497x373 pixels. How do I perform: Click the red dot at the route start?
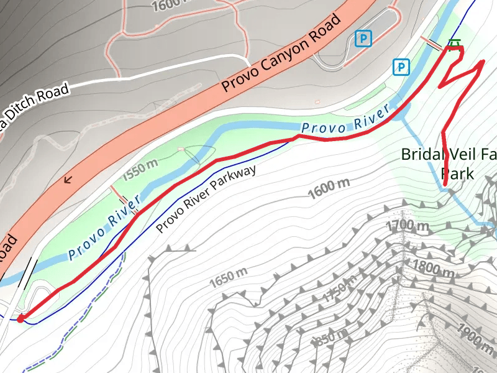(x=20, y=319)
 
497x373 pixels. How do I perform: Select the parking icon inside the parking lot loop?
(x=363, y=39)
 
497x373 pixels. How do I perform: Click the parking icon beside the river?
(x=403, y=67)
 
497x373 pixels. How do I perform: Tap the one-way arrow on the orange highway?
(x=68, y=180)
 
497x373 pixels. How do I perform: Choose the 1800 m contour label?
(x=434, y=269)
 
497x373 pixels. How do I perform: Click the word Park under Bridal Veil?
(x=457, y=173)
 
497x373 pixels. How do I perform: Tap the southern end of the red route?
(x=446, y=185)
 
